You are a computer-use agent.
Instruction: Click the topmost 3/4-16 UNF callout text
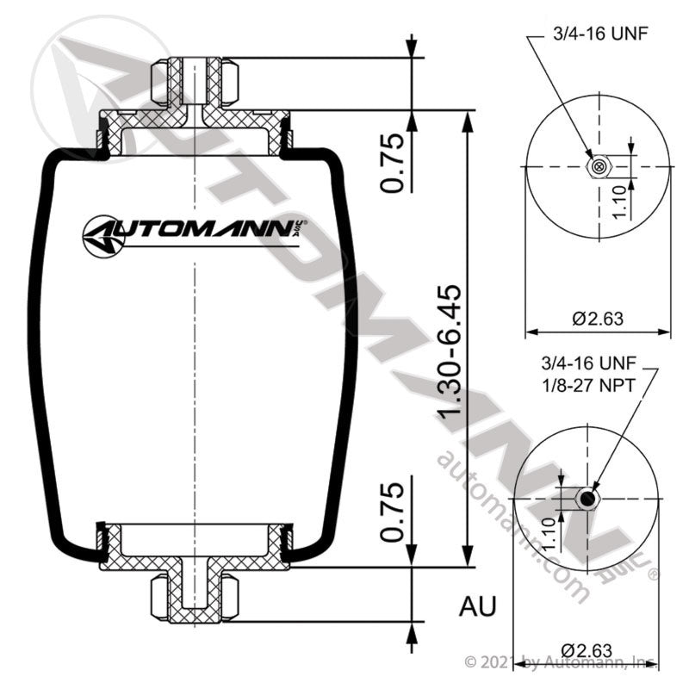click(599, 34)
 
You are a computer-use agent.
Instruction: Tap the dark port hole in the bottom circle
click(587, 499)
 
